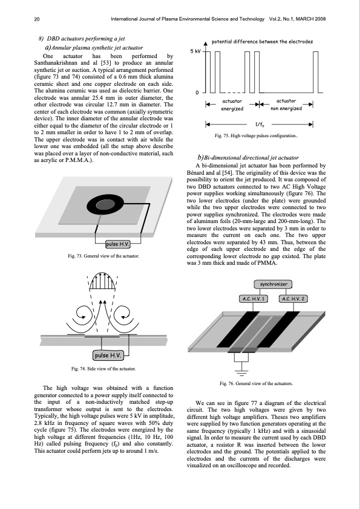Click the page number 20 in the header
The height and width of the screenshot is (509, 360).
37,19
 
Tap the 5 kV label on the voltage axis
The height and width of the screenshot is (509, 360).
196,51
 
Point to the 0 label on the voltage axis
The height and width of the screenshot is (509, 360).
197,93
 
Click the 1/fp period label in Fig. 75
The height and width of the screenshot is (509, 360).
259,125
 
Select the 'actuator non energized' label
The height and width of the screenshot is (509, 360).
286,105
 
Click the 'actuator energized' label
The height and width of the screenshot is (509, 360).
232,105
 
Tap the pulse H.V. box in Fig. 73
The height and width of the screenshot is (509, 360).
118,244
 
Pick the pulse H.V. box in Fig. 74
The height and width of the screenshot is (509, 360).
108,355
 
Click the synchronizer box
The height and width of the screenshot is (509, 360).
273,284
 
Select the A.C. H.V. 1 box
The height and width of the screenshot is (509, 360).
254,299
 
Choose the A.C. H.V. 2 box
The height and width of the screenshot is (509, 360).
293,299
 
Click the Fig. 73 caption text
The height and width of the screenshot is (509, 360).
103,256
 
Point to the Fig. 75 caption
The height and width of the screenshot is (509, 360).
256,135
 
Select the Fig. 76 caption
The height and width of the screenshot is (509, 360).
257,383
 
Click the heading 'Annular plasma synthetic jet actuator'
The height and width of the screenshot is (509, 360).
94,48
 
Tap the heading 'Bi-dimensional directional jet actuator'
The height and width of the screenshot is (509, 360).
248,158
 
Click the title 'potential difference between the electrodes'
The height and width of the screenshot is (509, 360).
262,42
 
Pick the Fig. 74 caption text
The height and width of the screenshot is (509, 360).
103,369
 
